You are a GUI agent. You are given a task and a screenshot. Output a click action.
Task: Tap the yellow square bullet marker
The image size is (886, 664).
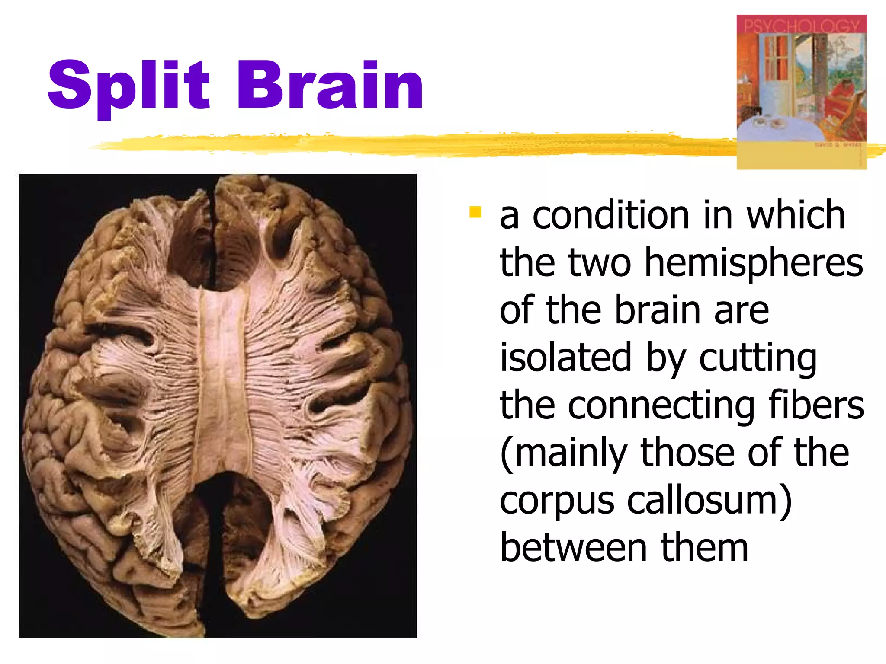tap(475, 212)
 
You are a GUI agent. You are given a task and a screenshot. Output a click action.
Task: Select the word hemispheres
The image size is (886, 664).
tap(754, 264)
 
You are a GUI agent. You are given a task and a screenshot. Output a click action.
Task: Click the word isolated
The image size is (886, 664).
tap(565, 358)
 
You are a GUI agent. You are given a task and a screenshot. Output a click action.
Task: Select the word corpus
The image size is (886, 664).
tap(556, 501)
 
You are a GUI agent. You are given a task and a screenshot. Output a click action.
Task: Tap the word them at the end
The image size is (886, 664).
tap(704, 548)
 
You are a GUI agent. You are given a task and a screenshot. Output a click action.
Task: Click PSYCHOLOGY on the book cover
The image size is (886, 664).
tap(801, 26)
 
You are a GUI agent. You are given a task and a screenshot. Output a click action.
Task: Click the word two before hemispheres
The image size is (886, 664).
tap(600, 264)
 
